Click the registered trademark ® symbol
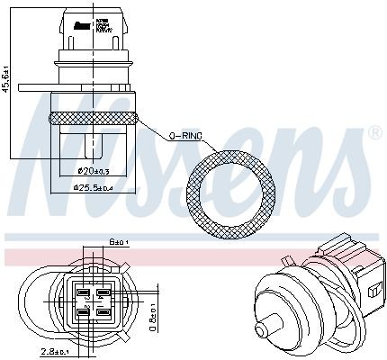coord(373,133)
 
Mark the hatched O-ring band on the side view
coord(94,117)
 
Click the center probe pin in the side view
coord(93,142)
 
